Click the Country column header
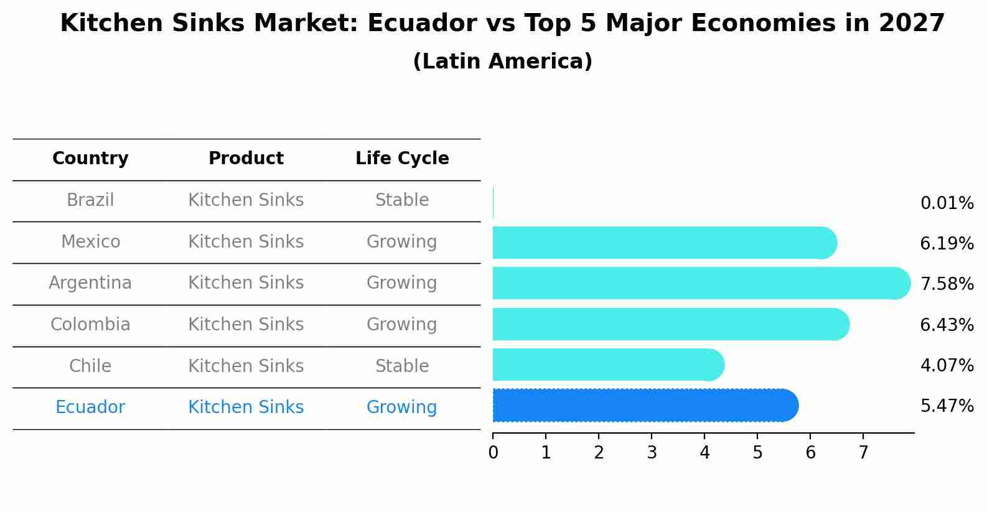(x=90, y=159)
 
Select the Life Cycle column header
(x=402, y=159)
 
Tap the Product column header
(x=246, y=159)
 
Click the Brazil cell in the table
(x=90, y=200)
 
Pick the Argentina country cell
(x=90, y=283)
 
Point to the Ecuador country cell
(x=90, y=407)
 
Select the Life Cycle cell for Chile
(x=402, y=366)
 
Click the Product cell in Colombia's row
(x=246, y=325)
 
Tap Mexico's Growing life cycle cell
(x=402, y=241)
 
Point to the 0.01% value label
(x=947, y=203)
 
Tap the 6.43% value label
(x=947, y=325)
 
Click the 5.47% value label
(x=947, y=406)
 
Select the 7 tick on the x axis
(x=863, y=453)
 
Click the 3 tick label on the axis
(x=652, y=453)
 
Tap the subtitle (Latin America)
(x=502, y=62)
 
